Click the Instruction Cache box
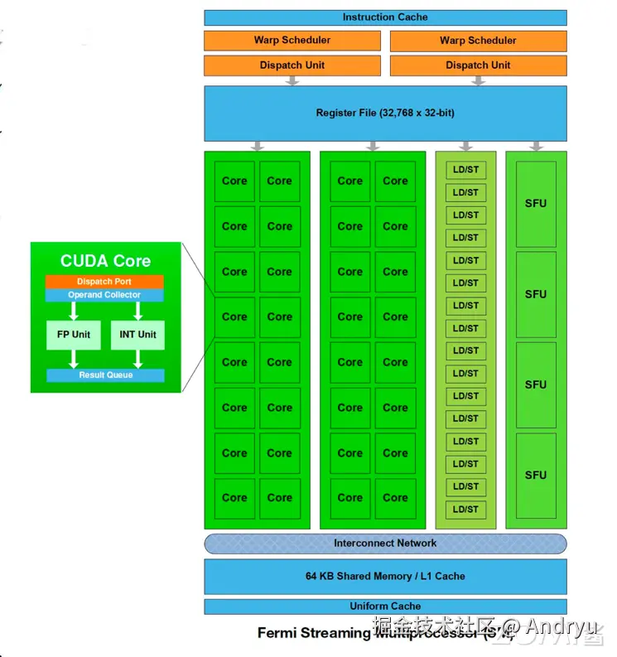click(x=385, y=17)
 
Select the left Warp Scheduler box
click(x=292, y=41)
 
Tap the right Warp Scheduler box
click(x=478, y=41)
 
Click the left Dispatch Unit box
click(x=292, y=65)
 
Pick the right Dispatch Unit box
click(x=478, y=65)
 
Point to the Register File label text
click(x=385, y=113)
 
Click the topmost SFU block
click(x=536, y=204)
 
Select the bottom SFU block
click(x=536, y=476)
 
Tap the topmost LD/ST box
click(x=465, y=170)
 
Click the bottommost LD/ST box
click(x=465, y=510)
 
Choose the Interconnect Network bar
click(x=385, y=543)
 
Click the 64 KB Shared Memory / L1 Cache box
click(x=385, y=577)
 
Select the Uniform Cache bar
click(x=385, y=606)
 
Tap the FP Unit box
click(x=74, y=335)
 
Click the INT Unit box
click(x=137, y=335)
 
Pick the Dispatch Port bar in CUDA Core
click(x=104, y=282)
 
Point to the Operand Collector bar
click(x=104, y=295)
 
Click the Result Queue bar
click(x=105, y=375)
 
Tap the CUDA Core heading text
click(x=105, y=261)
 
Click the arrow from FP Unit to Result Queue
click(x=74, y=359)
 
